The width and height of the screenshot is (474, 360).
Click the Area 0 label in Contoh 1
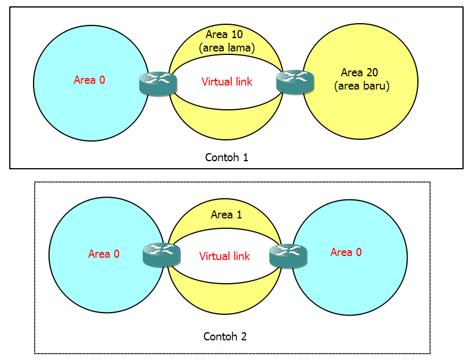89,80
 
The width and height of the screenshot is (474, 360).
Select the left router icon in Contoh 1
157,84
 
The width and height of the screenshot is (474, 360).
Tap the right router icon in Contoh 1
295,81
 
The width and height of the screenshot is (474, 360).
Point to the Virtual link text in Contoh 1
227,82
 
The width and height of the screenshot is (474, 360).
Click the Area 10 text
224,35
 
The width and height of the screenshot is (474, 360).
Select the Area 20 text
360,73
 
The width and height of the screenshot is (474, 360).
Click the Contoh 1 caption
227,157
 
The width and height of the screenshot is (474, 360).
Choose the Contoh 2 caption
225,336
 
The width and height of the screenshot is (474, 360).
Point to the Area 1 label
226,215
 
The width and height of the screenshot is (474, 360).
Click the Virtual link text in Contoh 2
225,256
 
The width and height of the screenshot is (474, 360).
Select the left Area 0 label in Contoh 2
103,254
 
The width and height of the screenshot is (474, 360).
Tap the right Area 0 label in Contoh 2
346,253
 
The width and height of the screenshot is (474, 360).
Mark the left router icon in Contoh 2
161,254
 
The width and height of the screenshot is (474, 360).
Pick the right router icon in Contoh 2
288,255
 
